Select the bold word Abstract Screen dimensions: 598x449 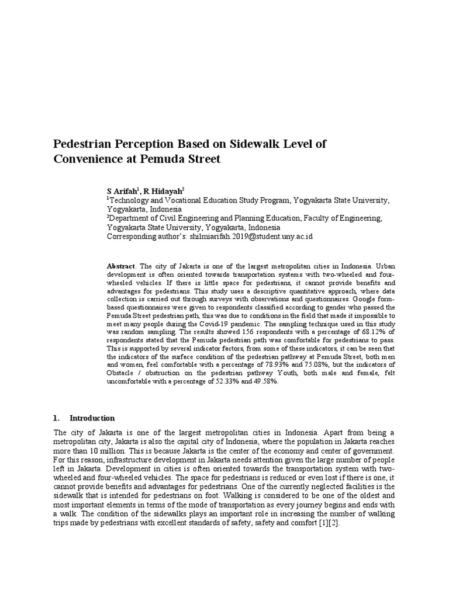(120, 265)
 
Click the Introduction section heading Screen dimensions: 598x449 (92, 418)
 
